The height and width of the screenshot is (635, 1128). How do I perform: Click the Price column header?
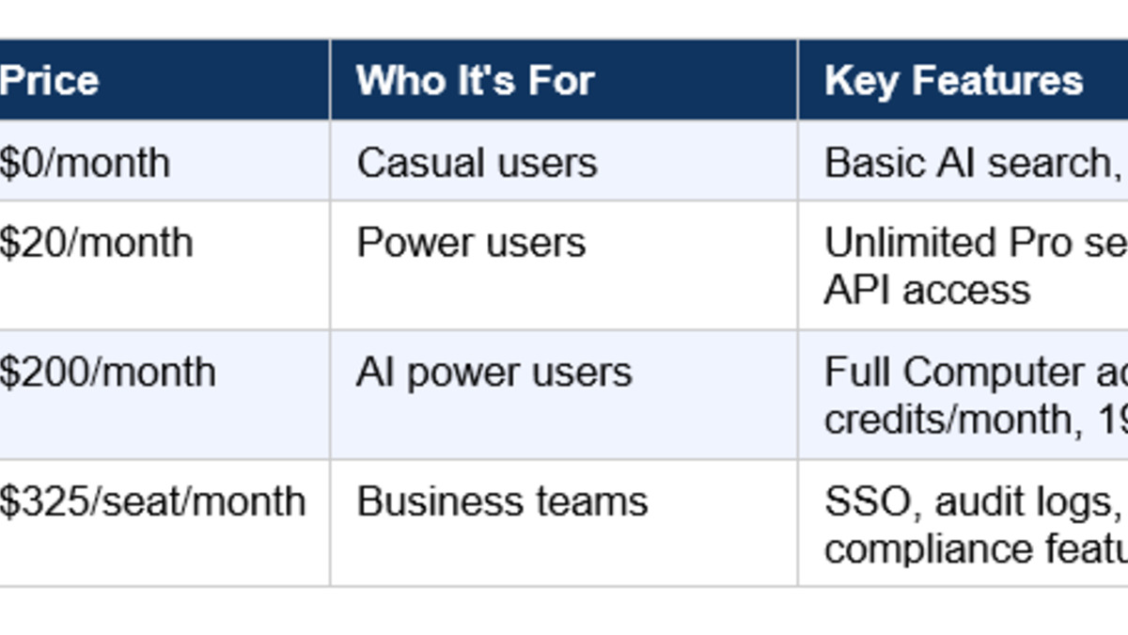(x=49, y=81)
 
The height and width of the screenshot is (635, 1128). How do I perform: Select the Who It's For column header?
(x=475, y=81)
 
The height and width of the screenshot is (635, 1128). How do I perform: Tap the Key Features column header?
(x=953, y=81)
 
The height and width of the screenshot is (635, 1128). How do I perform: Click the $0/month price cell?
(x=85, y=164)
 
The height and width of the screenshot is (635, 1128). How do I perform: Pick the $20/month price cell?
(x=96, y=244)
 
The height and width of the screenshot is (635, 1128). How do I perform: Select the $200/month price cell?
(x=107, y=373)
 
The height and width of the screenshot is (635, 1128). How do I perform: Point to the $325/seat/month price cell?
(x=152, y=501)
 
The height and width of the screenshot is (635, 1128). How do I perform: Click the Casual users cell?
(x=477, y=164)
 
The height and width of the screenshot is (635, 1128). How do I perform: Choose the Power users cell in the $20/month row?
(x=471, y=244)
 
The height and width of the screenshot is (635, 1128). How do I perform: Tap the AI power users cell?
(x=493, y=373)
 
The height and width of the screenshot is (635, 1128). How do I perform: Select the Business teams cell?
(x=502, y=501)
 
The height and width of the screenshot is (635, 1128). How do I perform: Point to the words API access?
(x=927, y=290)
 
